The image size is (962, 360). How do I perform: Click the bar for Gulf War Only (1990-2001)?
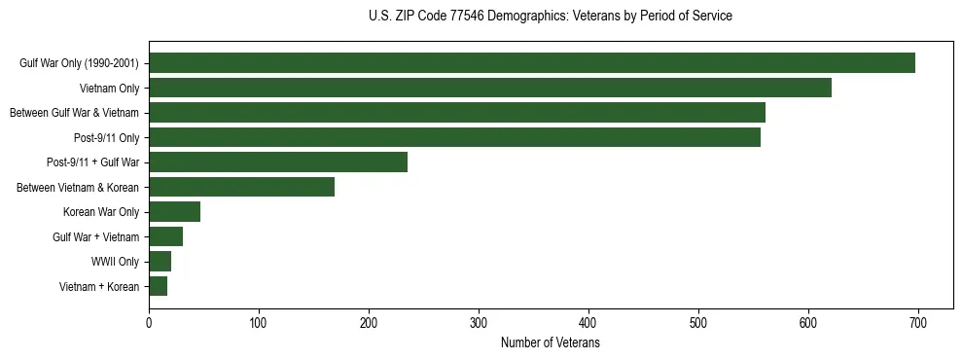click(x=532, y=63)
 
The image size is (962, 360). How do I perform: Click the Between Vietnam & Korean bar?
click(x=241, y=187)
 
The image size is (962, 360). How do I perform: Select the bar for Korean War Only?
click(x=174, y=212)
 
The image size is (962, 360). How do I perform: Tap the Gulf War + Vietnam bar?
click(x=165, y=236)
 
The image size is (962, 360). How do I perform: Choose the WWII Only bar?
click(x=160, y=262)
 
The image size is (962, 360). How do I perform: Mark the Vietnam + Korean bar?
click(x=158, y=286)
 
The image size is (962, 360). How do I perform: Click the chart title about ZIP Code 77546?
click(x=551, y=17)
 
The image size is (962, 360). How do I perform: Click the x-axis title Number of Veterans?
click(x=550, y=343)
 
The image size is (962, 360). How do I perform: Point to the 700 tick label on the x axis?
click(x=917, y=323)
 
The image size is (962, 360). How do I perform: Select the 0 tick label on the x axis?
click(x=149, y=323)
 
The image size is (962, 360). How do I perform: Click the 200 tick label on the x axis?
click(x=369, y=323)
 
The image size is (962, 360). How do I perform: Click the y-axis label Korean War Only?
click(x=101, y=212)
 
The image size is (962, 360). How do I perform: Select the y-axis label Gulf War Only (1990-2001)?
click(x=79, y=63)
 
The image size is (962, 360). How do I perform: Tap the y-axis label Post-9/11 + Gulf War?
click(x=92, y=162)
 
